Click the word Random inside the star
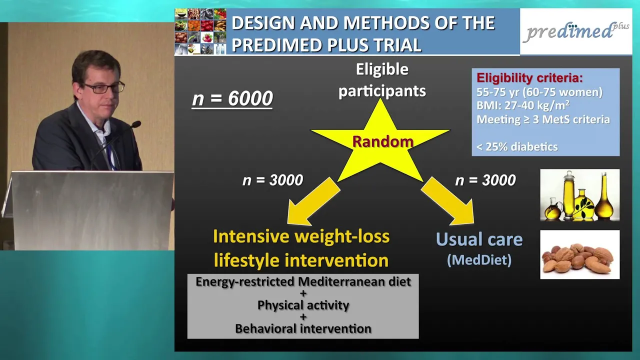click(x=383, y=141)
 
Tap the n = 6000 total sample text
click(x=232, y=99)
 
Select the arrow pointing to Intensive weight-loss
click(x=313, y=201)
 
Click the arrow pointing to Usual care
click(x=447, y=201)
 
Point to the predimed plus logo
click(x=576, y=31)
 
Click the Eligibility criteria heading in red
click(x=529, y=77)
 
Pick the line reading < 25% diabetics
click(x=517, y=147)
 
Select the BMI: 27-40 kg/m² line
click(x=523, y=105)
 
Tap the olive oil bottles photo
click(x=579, y=195)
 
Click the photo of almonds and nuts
click(x=579, y=254)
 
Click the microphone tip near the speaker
click(x=136, y=124)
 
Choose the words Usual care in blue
click(x=479, y=239)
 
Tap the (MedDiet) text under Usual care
click(x=479, y=260)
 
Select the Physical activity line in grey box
click(x=303, y=305)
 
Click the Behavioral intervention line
click(x=303, y=328)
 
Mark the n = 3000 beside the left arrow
click(x=272, y=180)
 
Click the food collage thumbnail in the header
click(x=200, y=31)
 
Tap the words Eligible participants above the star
click(x=382, y=80)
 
